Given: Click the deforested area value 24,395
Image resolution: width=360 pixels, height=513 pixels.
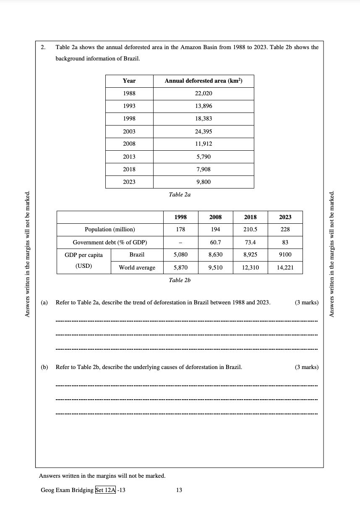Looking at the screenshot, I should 203,131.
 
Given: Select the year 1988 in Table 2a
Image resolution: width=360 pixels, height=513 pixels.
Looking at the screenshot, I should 129,94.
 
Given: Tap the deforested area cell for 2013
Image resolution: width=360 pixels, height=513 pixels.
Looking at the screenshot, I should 203,157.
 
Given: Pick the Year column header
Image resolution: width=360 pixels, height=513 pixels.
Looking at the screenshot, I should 129,81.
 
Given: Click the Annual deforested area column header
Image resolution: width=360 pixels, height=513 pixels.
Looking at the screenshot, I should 203,81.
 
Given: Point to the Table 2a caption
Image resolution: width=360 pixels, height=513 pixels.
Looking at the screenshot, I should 180,194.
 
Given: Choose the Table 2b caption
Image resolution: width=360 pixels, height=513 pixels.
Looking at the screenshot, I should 180,280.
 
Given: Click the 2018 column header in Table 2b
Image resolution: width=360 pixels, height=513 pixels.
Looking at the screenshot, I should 250,217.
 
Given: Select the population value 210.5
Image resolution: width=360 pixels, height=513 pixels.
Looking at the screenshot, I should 250,230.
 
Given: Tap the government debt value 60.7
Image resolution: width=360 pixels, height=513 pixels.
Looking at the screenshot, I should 216,242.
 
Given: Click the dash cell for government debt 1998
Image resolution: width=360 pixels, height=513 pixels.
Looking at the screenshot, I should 180,242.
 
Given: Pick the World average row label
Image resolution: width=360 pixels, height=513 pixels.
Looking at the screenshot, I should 137,267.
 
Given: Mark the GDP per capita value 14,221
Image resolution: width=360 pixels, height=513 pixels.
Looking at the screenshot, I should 285,267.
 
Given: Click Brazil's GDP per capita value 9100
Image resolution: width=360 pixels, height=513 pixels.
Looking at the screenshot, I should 285,254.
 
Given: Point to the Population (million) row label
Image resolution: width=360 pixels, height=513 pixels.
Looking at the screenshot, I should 110,230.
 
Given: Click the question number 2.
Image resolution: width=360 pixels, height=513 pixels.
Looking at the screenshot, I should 43,47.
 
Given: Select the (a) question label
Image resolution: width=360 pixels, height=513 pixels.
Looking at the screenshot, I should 44,302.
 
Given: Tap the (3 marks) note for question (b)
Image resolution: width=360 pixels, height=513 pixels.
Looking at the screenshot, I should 307,367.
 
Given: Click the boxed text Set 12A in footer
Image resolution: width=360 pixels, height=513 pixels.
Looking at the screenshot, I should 105,490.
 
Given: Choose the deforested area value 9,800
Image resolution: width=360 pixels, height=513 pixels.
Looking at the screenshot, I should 203,182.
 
